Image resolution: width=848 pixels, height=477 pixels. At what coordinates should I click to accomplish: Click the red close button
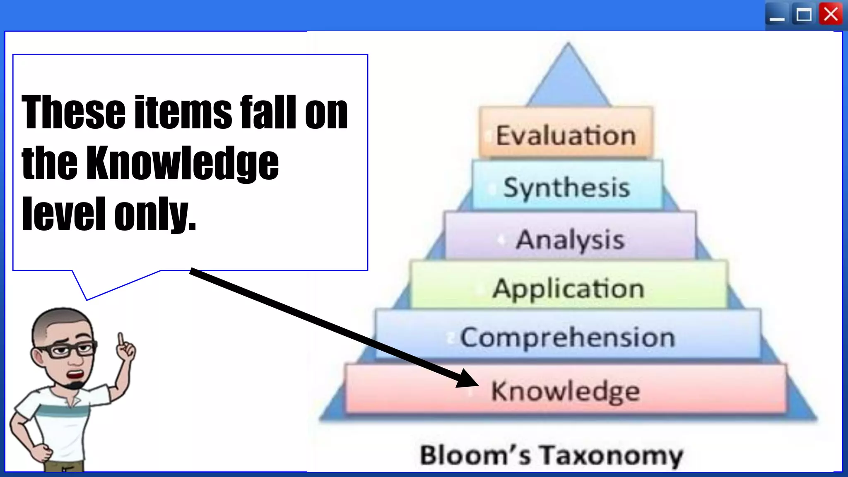(831, 15)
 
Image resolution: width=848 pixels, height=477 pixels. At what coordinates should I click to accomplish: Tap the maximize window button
(804, 15)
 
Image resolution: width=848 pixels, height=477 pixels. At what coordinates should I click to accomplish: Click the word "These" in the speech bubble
(73, 111)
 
